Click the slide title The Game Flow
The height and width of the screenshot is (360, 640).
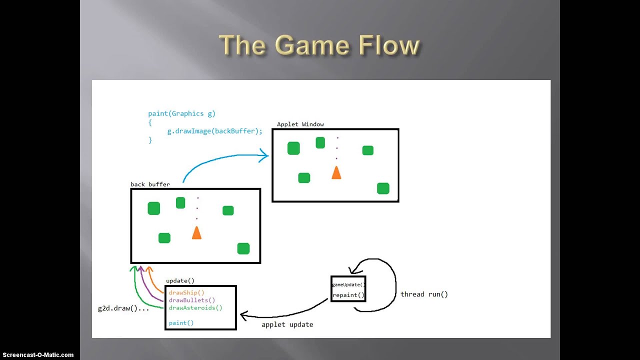319,45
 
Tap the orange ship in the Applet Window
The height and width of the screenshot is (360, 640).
336,172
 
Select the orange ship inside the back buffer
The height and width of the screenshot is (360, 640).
196,232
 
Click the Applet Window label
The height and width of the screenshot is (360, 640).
300,124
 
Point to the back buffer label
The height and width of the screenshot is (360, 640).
150,184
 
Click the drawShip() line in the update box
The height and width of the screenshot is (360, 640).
186,292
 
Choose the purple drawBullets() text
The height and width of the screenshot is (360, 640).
192,300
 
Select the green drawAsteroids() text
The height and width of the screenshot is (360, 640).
195,307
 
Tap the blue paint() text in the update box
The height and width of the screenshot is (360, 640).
181,322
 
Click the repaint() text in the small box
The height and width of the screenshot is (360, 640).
348,295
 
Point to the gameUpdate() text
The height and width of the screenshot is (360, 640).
348,284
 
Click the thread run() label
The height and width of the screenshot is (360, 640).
424,294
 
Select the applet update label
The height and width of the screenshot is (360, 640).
287,324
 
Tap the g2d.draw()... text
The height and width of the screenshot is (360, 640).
123,308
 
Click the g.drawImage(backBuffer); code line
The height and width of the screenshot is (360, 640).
214,131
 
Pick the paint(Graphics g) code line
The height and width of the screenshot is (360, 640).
181,113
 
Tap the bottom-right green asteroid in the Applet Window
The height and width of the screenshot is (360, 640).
383,188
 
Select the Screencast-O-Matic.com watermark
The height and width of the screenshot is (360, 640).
38,355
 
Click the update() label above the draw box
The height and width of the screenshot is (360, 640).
180,281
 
